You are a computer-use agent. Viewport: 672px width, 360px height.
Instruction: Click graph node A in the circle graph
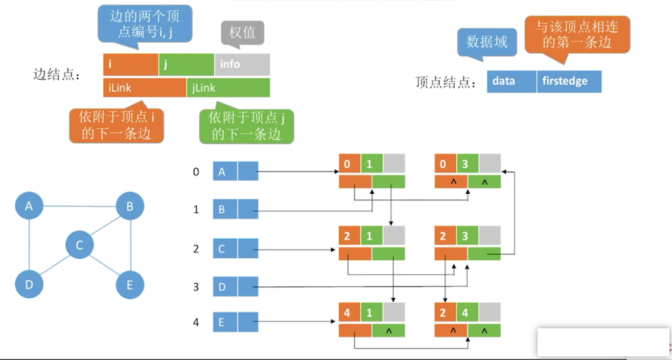coord(29,206)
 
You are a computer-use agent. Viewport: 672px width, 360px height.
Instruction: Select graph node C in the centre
coord(80,245)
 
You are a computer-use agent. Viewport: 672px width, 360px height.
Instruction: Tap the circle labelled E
coord(130,285)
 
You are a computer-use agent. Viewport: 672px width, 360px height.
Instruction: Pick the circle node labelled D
coord(29,284)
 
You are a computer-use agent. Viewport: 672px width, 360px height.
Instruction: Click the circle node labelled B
coord(130,206)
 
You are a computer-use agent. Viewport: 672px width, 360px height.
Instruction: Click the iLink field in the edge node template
coord(145,87)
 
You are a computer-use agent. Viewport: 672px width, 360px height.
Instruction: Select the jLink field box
coord(228,87)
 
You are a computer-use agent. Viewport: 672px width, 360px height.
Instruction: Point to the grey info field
coord(242,64)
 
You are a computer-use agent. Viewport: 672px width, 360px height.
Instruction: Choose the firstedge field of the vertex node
coord(569,81)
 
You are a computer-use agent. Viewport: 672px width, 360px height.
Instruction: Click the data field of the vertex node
coord(512,81)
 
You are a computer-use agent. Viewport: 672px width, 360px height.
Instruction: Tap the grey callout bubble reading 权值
coord(243,33)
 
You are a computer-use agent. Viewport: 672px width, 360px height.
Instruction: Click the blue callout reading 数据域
coord(486,42)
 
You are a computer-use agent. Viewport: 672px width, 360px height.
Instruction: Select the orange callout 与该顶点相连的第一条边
coord(577,35)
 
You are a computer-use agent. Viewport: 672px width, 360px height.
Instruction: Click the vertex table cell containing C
coord(225,249)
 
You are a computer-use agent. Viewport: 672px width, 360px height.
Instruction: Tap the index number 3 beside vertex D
coord(196,287)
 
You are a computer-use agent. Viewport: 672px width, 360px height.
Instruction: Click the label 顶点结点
coord(446,82)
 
